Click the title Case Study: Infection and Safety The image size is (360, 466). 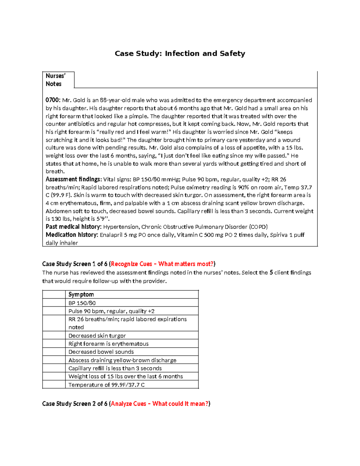(180, 53)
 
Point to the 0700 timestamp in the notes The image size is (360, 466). (53, 100)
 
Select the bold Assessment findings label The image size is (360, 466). (73, 179)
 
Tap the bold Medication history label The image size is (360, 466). (72, 235)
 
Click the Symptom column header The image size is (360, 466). (81, 294)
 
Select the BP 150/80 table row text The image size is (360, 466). (82, 303)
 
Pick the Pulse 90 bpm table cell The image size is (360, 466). (111, 311)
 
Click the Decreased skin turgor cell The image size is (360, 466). (97, 336)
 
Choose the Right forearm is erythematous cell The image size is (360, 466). (108, 344)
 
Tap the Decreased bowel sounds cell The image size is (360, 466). (101, 352)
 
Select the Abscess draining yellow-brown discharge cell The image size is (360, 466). (122, 360)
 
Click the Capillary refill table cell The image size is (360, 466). (115, 368)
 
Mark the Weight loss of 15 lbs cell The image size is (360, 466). (125, 377)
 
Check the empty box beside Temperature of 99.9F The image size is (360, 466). (54, 385)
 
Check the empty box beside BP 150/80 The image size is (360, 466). (54, 303)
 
